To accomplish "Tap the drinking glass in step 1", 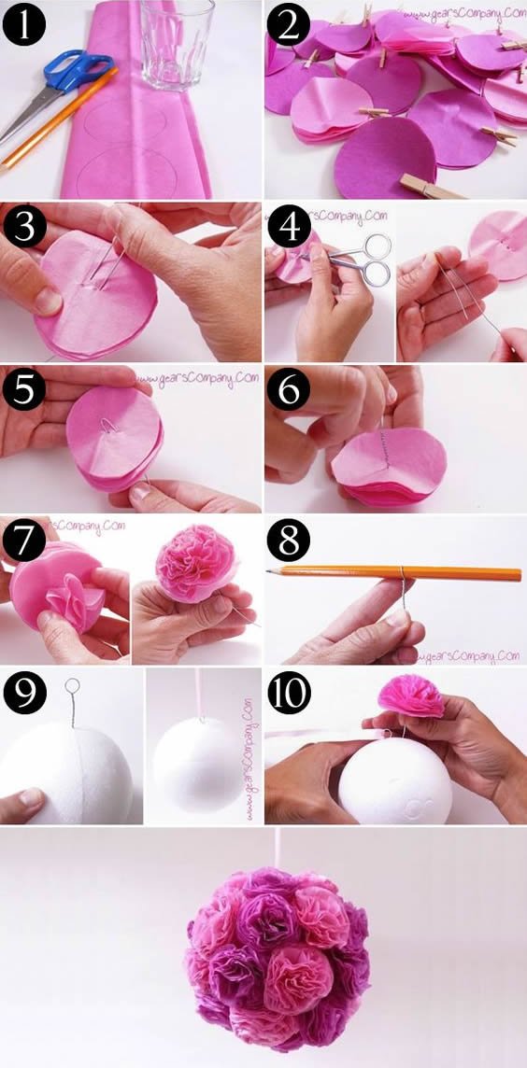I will (x=177, y=42).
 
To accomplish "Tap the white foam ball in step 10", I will (x=398, y=779).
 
